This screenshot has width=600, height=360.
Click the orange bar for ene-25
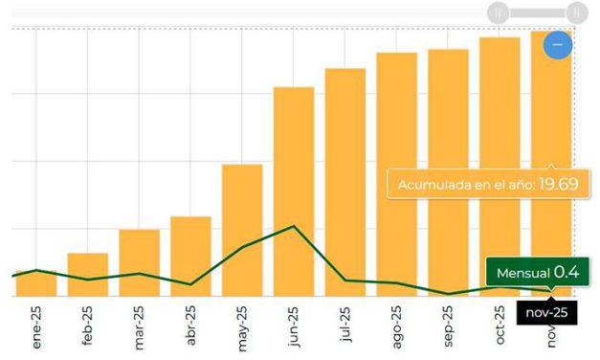coord(36,285)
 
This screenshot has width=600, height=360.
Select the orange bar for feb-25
coord(88,275)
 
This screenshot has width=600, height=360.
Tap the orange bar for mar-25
coord(140,262)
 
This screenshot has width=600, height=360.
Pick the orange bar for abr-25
coord(190,257)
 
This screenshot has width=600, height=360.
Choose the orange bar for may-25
coord(242,230)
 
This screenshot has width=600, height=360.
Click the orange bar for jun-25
coord(294,191)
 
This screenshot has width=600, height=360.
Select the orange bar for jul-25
coord(345,182)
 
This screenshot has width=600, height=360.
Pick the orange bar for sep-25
coord(448,172)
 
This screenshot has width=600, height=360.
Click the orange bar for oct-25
coord(500,167)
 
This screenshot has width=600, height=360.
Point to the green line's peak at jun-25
coord(294,226)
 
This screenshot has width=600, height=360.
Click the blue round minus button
coord(558,43)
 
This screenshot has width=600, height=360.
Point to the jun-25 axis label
coord(293,326)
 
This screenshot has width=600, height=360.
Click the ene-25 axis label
coord(36,327)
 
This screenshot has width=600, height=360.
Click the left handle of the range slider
coord(497,12)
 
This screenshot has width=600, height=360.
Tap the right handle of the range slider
coord(575,12)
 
